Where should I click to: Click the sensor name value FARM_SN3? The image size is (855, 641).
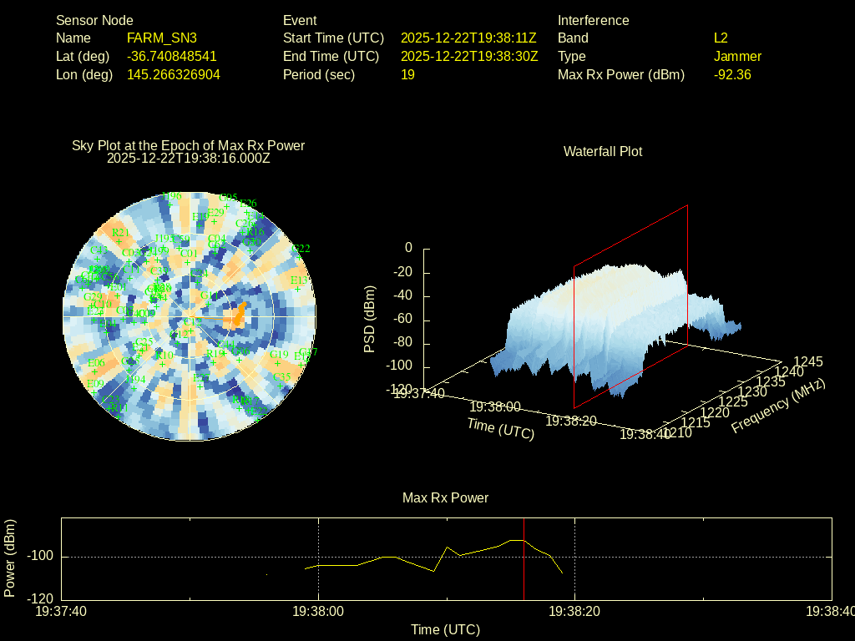pos(162,38)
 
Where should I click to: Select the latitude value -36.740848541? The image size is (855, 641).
pos(172,56)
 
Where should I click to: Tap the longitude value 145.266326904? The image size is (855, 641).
pos(174,74)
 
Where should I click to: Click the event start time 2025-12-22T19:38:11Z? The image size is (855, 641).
pos(468,38)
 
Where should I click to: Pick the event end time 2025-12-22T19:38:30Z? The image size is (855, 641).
pos(469,56)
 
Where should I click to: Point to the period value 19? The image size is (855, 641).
pos(407,74)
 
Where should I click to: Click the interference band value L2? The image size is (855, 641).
pos(721,38)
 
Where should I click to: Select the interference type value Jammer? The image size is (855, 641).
pos(737,56)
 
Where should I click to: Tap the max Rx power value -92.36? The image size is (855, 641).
pos(732,74)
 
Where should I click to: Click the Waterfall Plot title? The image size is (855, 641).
pos(603,151)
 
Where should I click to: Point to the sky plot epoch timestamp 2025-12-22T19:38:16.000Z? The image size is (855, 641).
pos(189,157)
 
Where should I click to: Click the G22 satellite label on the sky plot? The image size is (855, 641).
pos(301,248)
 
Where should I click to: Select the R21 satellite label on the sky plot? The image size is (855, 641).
pos(119,232)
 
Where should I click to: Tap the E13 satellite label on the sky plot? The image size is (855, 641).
pos(299,280)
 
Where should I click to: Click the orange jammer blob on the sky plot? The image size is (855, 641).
pos(239,315)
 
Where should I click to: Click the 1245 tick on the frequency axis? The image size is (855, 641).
pos(807,361)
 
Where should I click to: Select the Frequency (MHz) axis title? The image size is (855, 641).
pos(777,406)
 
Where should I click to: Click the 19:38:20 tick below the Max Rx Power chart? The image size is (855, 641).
pos(574,612)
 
